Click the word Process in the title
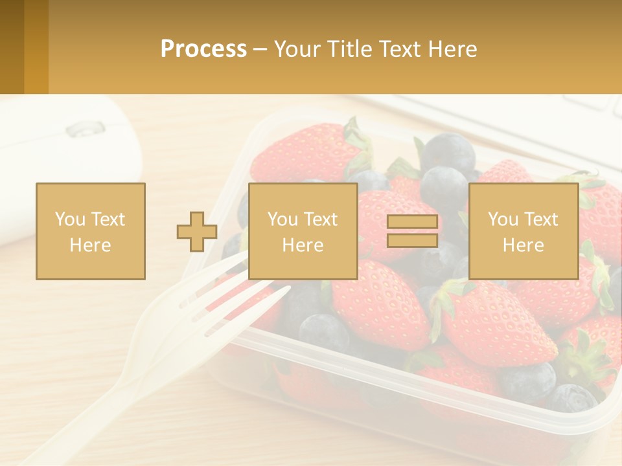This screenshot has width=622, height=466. [203, 49]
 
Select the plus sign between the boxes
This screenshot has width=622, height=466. [197, 231]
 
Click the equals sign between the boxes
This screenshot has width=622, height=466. [412, 231]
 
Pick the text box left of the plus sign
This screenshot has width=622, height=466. [91, 231]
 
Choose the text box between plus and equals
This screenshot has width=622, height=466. [303, 231]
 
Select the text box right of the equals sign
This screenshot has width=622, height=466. [524, 231]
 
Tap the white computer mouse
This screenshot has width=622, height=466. [71, 162]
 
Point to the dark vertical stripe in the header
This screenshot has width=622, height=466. [12, 47]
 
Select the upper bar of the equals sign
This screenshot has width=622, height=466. [412, 222]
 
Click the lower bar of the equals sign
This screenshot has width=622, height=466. [412, 240]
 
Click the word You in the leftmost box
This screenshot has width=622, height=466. [69, 219]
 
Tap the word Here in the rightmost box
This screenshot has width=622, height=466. [524, 245]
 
